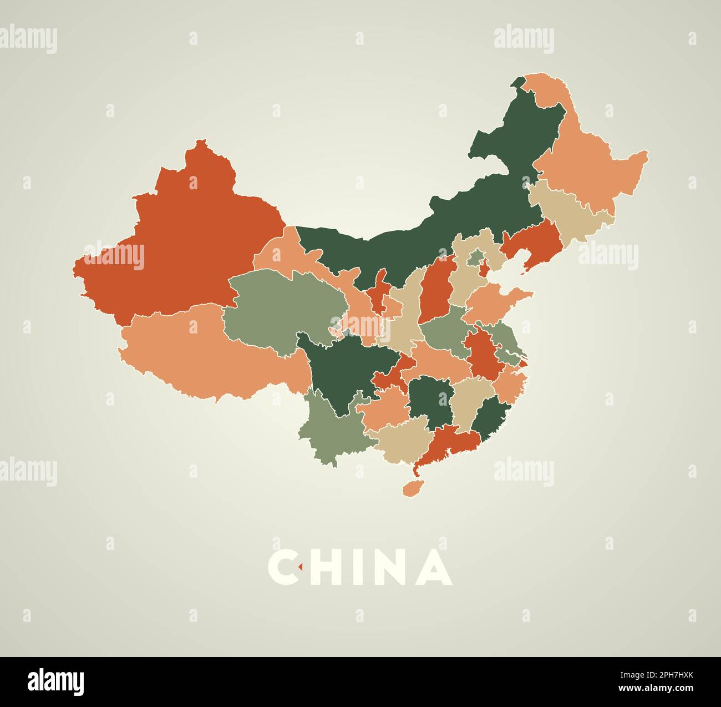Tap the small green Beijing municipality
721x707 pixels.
[475, 257]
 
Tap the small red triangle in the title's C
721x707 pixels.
[299, 567]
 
